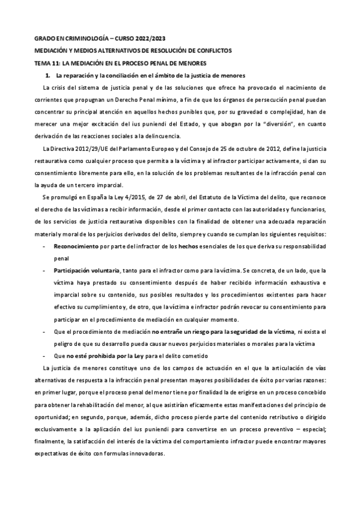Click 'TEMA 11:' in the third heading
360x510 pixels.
pos(46,63)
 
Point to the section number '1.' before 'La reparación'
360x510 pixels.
pos(48,75)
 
